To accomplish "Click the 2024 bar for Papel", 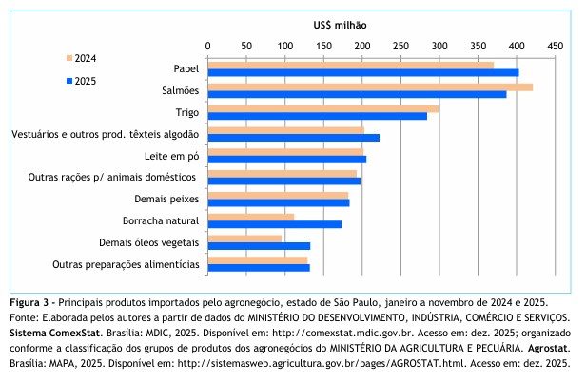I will (x=350, y=65).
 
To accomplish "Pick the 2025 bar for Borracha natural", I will (x=274, y=224).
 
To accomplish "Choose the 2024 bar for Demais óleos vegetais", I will (x=244, y=239).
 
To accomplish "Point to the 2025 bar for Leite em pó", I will (x=286, y=159).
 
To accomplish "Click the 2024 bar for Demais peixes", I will (x=278, y=195).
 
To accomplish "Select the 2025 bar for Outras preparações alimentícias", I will (x=258, y=267).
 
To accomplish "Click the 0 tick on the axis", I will (x=207, y=46).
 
